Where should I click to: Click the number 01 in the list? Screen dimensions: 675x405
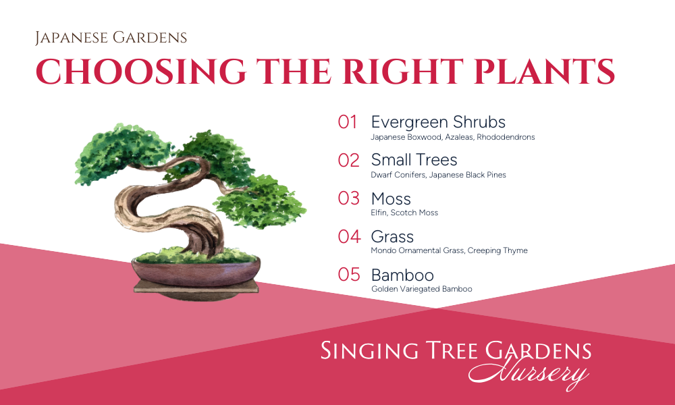point(348,122)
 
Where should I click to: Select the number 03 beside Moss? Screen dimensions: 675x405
point(349,198)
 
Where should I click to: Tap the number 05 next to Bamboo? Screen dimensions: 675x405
point(349,275)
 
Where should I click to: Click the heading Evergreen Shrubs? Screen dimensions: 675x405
point(438,123)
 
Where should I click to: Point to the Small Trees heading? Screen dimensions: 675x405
point(414,160)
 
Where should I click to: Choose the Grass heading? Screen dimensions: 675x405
point(392,237)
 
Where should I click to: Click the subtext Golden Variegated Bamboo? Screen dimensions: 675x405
point(422,289)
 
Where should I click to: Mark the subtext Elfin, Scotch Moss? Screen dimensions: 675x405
point(404,213)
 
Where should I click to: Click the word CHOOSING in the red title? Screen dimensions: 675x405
point(141,71)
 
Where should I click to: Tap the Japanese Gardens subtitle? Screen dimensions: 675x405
point(111,38)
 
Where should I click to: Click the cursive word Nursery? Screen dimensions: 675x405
point(529,373)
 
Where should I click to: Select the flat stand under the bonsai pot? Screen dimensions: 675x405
point(196,288)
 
